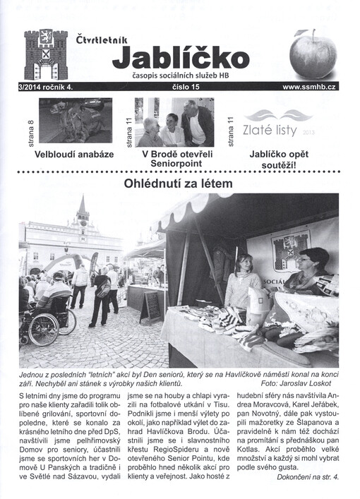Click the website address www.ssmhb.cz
click(309, 86)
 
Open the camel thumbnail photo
click(76, 121)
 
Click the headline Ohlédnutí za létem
click(179, 184)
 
